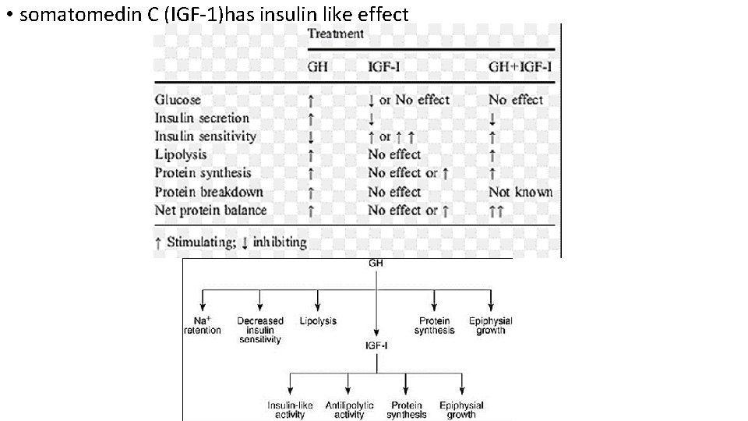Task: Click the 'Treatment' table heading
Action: pyautogui.click(x=336, y=34)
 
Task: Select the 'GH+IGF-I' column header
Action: pyautogui.click(x=521, y=66)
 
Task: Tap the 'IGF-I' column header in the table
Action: pyautogui.click(x=384, y=66)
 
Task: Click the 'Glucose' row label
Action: pyautogui.click(x=178, y=100)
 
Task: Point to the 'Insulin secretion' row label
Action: pyautogui.click(x=202, y=119)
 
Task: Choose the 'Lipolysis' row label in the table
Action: pyautogui.click(x=180, y=155)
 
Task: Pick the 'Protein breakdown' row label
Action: pyautogui.click(x=209, y=192)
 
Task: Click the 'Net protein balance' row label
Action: pyautogui.click(x=210, y=210)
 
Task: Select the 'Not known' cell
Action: pyautogui.click(x=520, y=192)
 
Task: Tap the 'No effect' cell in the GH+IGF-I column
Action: pyautogui.click(x=515, y=100)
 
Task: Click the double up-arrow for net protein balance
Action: pyautogui.click(x=496, y=210)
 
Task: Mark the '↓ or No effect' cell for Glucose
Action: pyautogui.click(x=408, y=100)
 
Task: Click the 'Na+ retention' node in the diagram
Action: pyautogui.click(x=202, y=325)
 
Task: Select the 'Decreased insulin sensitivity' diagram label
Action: pyautogui.click(x=259, y=330)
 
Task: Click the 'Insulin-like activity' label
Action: pyautogui.click(x=290, y=410)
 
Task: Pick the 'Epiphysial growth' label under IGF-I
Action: pyautogui.click(x=461, y=410)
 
